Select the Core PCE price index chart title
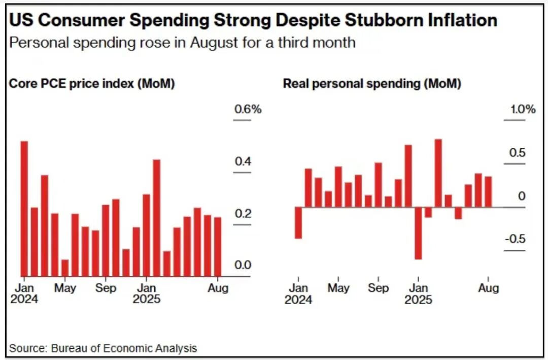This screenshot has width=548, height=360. (92, 84)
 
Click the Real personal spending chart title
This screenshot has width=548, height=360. (372, 84)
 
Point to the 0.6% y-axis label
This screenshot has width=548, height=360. (247, 109)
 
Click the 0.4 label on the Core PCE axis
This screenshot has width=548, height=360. (242, 161)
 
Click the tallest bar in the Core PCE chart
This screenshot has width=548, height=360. (24, 208)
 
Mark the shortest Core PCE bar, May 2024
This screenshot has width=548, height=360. (65, 268)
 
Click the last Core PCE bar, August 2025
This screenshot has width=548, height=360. (218, 247)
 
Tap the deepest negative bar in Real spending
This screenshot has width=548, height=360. (418, 233)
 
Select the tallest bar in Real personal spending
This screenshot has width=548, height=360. (438, 173)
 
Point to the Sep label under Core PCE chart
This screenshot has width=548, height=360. (106, 288)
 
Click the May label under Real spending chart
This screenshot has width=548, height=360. (338, 288)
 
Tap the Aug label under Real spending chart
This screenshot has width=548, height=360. (488, 288)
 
